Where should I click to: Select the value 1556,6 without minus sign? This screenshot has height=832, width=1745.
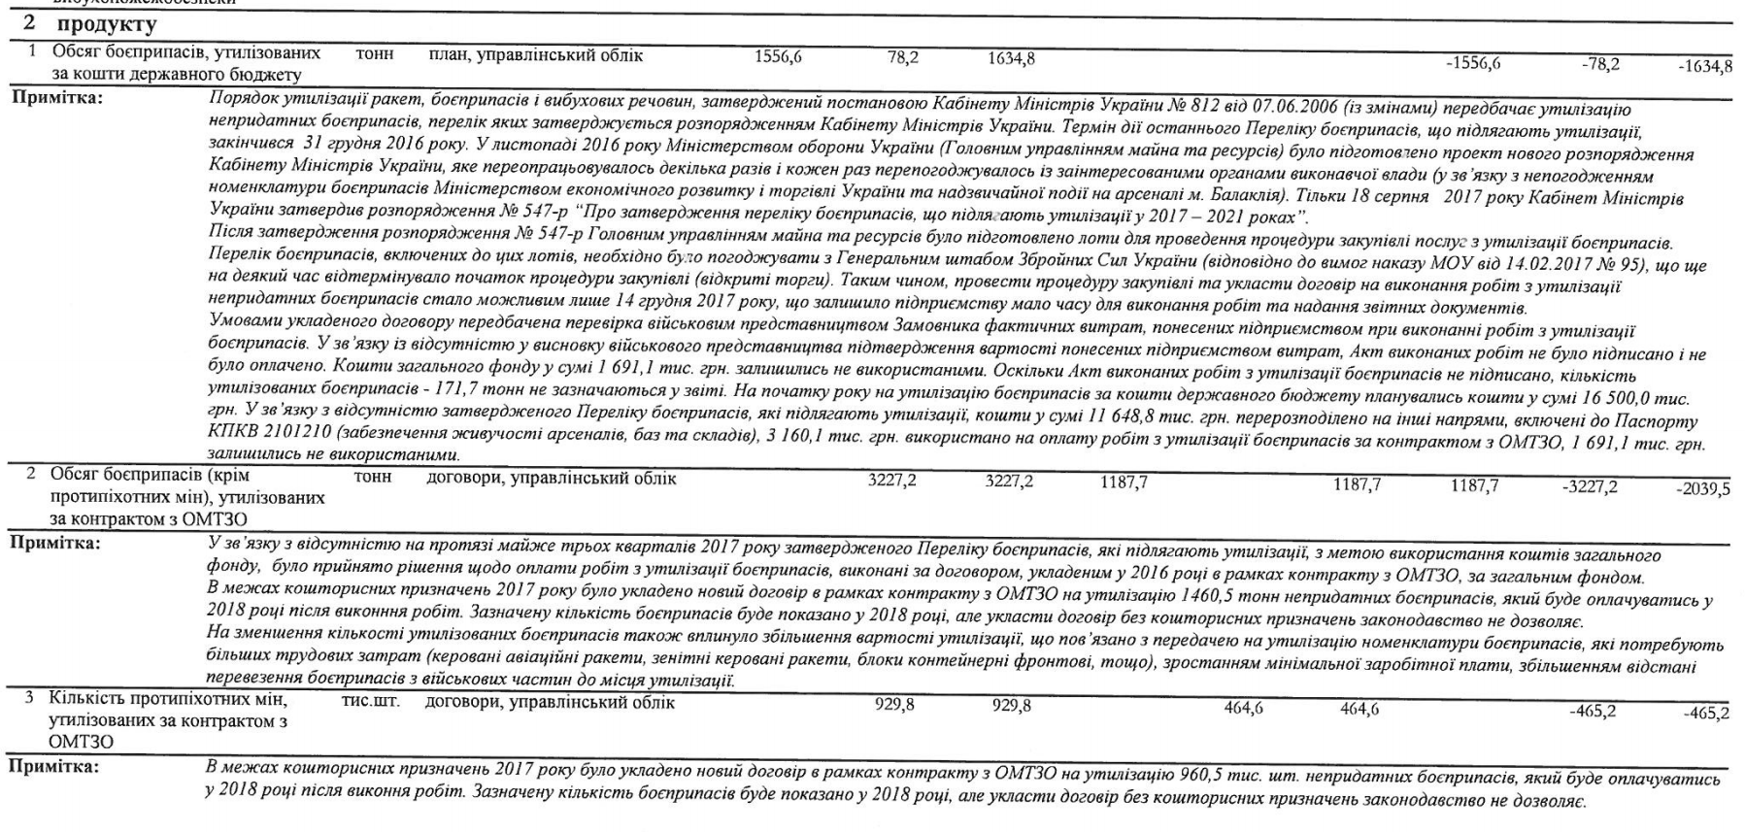point(778,57)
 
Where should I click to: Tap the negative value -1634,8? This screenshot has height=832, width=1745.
point(1705,66)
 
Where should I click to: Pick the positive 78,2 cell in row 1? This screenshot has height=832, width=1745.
point(903,58)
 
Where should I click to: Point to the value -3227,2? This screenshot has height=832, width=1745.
point(1590,486)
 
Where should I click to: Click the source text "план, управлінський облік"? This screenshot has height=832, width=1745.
point(535,55)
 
